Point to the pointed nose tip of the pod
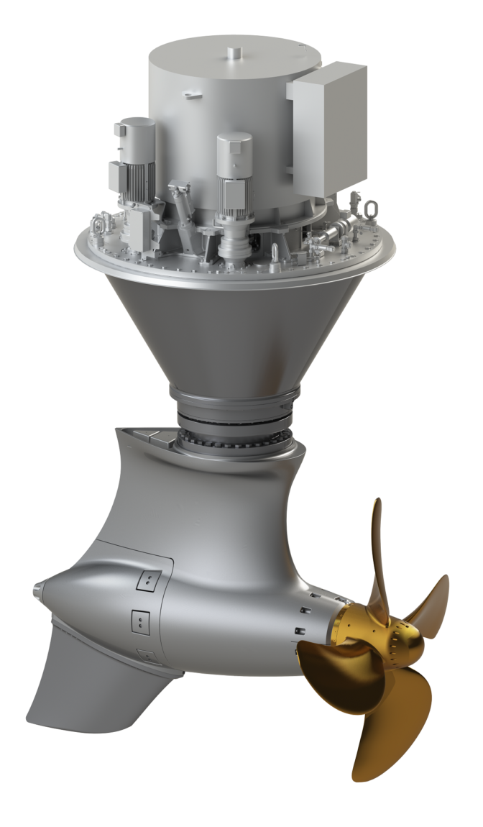pos(37,592)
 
